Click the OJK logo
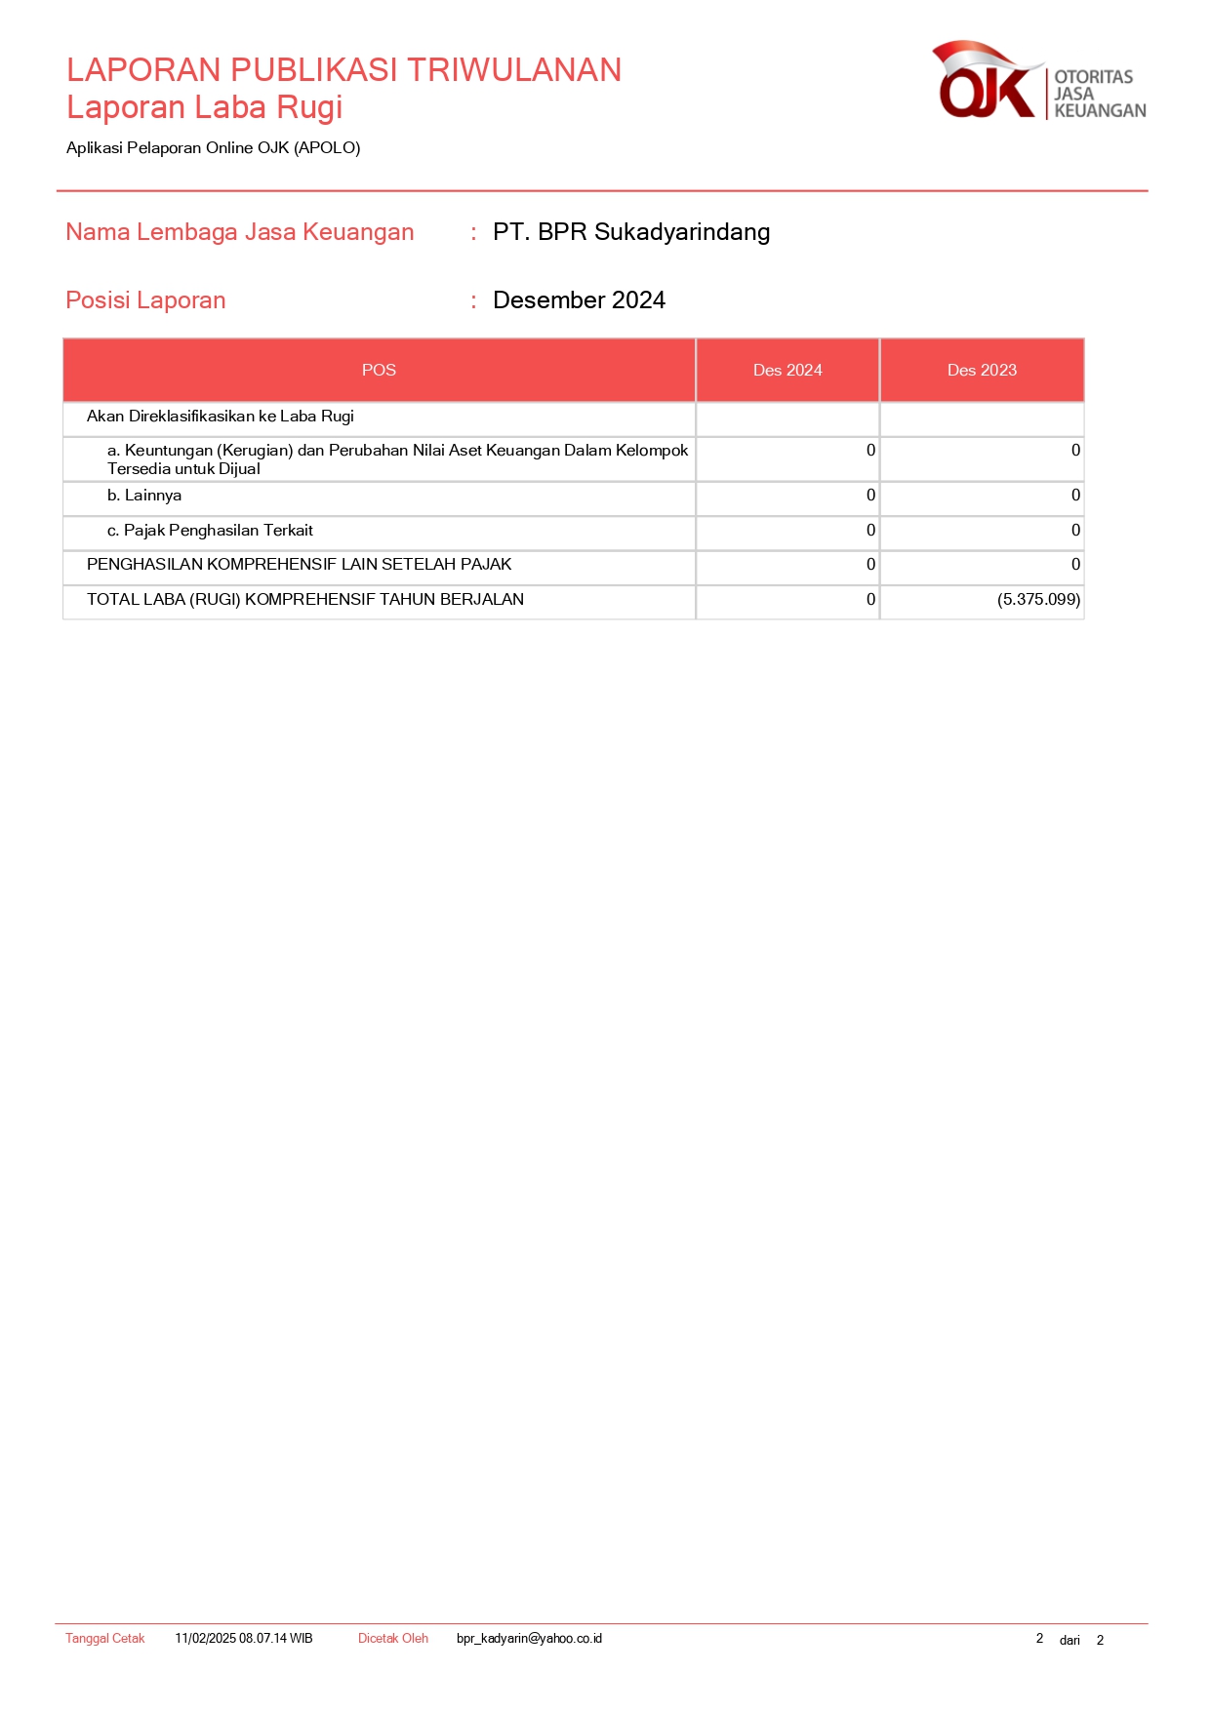(x=1037, y=82)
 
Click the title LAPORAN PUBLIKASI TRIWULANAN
(x=343, y=70)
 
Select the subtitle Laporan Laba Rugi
(x=204, y=107)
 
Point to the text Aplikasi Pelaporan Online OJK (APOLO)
(x=213, y=148)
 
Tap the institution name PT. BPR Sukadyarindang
(x=630, y=232)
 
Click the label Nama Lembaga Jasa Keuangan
(x=239, y=232)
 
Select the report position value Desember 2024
(x=579, y=300)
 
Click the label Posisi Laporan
(x=145, y=300)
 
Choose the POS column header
(x=379, y=371)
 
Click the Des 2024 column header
(x=787, y=371)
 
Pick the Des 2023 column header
(x=982, y=371)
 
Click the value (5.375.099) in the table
(x=1038, y=600)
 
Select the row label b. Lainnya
(x=144, y=496)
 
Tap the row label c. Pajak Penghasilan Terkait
(x=210, y=531)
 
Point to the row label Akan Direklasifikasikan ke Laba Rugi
(x=220, y=417)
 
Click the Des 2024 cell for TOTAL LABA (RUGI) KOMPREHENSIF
(x=870, y=600)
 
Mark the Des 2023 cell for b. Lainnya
(x=1075, y=496)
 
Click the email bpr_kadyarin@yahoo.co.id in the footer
(x=529, y=1639)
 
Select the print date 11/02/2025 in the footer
(x=206, y=1639)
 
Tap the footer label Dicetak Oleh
(x=392, y=1639)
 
